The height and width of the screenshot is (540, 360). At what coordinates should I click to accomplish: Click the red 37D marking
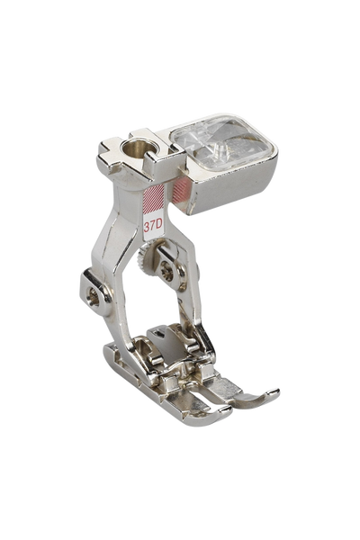[x=153, y=226]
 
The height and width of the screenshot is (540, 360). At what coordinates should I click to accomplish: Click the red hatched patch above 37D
[x=153, y=200]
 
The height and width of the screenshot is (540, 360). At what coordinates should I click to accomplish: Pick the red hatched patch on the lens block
[x=180, y=191]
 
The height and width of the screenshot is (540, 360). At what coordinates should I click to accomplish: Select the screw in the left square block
[x=94, y=293]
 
